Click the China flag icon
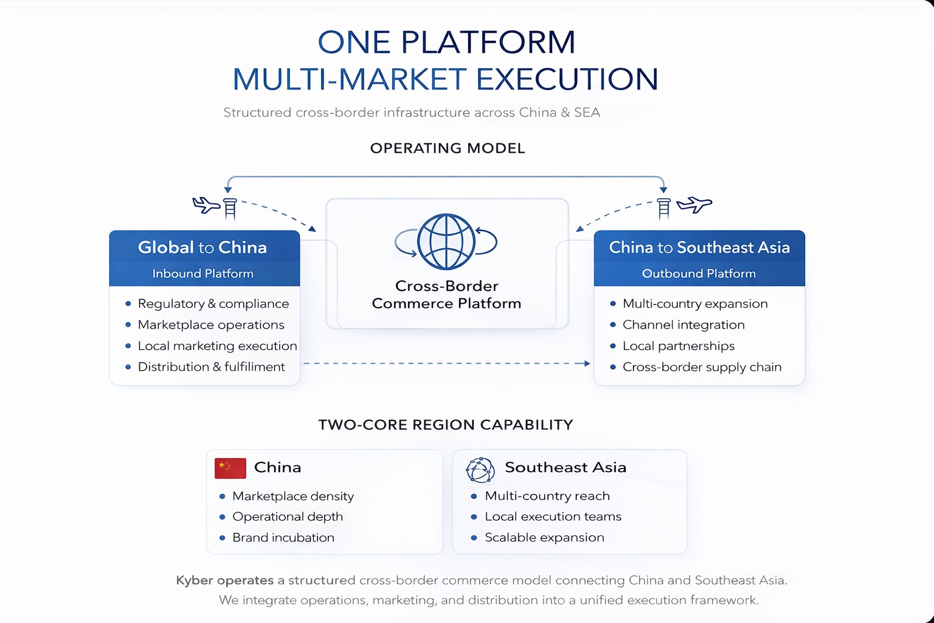point(230,468)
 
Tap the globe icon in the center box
point(446,242)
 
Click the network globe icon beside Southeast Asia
point(480,469)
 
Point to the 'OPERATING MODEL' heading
point(448,148)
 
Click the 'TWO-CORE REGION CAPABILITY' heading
point(446,425)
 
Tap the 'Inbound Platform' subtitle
point(202,274)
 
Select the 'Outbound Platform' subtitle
point(699,274)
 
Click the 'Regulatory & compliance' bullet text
point(213,304)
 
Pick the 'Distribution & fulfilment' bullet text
point(211,367)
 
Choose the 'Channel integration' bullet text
point(683,325)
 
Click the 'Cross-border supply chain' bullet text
point(702,367)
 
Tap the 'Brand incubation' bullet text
point(283,538)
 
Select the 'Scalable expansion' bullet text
point(544,538)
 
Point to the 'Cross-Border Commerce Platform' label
point(446,294)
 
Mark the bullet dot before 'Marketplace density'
point(223,496)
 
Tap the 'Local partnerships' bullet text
point(679,346)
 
